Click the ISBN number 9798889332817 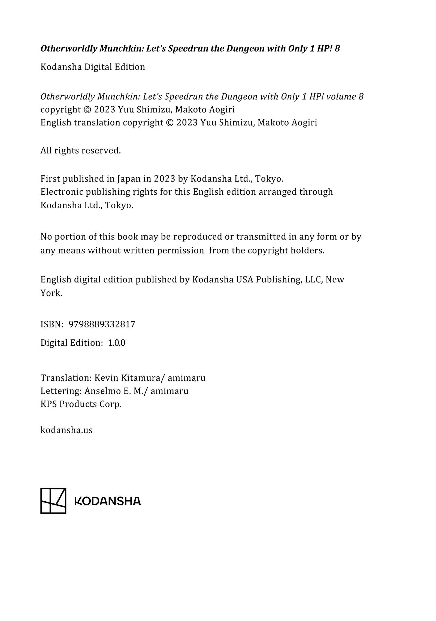click(x=102, y=324)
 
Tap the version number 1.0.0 click(x=117, y=343)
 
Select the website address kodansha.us click(x=66, y=430)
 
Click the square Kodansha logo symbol click(x=53, y=501)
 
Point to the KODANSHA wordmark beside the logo click(x=108, y=501)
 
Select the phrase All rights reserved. click(x=81, y=150)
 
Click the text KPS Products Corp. click(x=81, y=404)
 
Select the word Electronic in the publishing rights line click(x=62, y=192)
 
